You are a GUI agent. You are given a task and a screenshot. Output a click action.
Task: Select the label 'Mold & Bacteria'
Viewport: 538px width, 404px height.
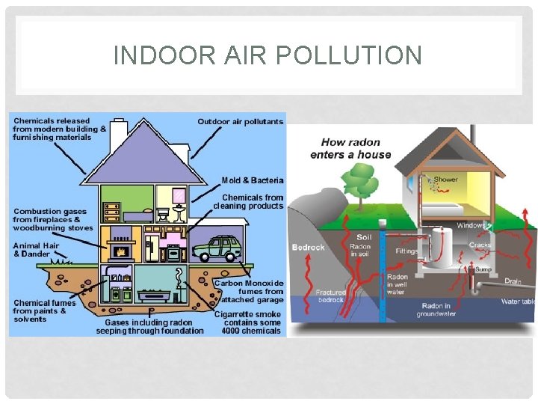[253, 180]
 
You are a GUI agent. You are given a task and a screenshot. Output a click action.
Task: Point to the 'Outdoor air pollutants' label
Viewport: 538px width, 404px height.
[240, 121]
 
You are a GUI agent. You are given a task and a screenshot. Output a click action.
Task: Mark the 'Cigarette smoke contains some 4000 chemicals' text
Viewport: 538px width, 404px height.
[248, 322]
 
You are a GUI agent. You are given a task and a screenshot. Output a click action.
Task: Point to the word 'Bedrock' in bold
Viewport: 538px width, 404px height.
[307, 248]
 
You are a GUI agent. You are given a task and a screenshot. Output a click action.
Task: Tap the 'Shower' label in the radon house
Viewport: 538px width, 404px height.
[446, 180]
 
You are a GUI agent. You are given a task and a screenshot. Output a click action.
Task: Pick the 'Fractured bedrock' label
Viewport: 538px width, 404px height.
[331, 296]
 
